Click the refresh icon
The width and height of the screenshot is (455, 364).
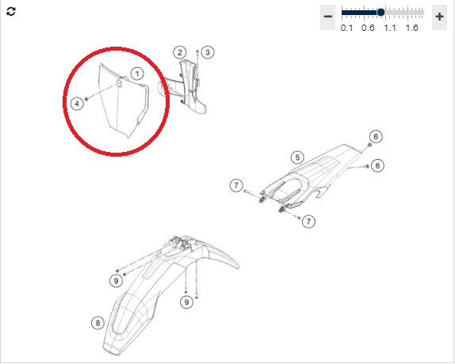[11, 12]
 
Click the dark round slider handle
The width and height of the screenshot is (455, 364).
[380, 13]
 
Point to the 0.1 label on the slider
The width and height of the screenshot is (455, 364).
[346, 28]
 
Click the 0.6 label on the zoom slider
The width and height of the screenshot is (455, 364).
[368, 28]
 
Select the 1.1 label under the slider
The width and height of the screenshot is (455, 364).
[390, 28]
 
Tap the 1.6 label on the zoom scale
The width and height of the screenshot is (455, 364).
[411, 28]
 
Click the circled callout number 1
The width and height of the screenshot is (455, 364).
[137, 74]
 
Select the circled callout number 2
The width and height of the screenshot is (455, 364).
[180, 52]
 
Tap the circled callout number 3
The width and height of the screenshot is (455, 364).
[208, 52]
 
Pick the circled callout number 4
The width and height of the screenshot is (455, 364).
[77, 104]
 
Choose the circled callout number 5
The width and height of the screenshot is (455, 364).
[297, 157]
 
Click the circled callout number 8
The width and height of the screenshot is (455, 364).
[97, 323]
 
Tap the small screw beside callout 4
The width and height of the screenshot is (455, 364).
[86, 100]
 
